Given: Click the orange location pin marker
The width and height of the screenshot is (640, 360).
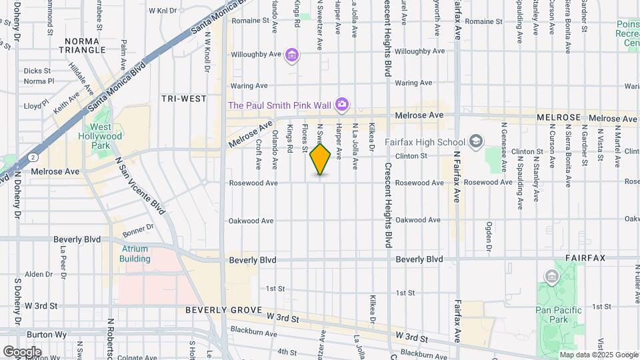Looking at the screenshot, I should coord(320,159).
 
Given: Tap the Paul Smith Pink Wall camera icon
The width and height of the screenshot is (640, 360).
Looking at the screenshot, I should coord(341,103).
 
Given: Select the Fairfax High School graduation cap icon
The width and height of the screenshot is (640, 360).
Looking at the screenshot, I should coord(475,141).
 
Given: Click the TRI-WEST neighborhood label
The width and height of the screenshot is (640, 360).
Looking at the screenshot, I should coord(184,99).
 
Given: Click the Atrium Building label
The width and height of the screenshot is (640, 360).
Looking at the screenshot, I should coord(135,253).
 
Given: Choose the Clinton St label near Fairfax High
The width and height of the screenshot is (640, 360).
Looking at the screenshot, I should coord(411,156).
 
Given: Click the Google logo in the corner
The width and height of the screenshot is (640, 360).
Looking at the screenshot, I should coord(23,351).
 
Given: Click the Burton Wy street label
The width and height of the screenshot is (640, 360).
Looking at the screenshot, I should coord(45,335).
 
